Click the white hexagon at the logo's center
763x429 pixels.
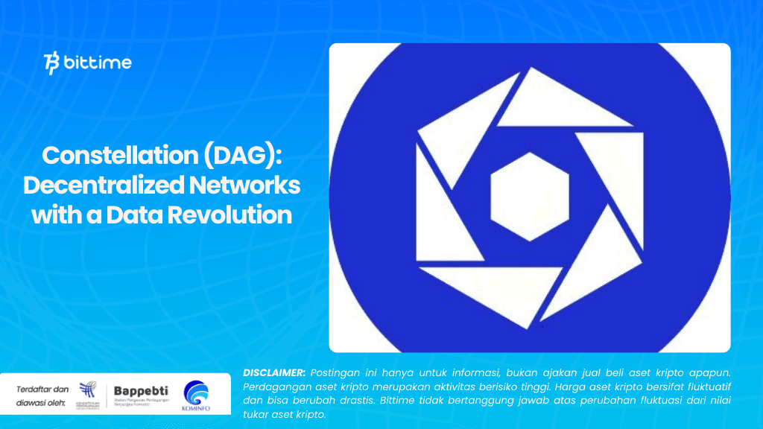coord(530,197)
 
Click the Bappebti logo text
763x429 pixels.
coord(140,390)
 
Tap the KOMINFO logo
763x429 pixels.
coord(195,394)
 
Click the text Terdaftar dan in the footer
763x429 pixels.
coord(42,389)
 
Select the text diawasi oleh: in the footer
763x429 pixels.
coord(42,403)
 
